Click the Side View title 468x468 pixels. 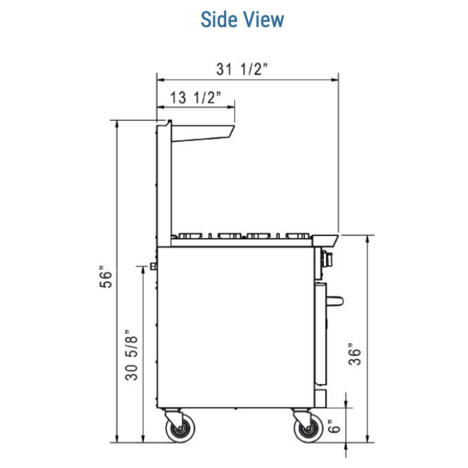tap(242, 19)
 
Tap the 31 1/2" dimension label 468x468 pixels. tap(242, 69)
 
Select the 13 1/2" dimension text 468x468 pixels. tap(196, 97)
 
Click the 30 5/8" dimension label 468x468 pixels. tap(131, 355)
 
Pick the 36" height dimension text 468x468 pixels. tap(355, 354)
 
